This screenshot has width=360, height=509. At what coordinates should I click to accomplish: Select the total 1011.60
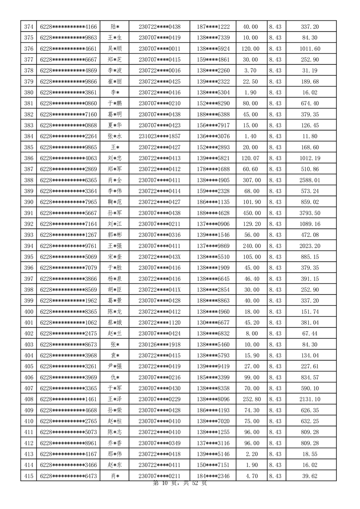pyautogui.click(x=310, y=49)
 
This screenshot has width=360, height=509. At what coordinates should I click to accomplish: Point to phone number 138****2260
pyautogui.click(x=213, y=71)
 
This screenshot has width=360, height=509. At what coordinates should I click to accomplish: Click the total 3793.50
pyautogui.click(x=310, y=213)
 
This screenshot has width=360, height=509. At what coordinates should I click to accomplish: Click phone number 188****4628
pyautogui.click(x=213, y=213)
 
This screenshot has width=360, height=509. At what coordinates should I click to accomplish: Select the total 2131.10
pyautogui.click(x=310, y=399)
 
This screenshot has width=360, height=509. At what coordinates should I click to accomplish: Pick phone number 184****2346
pyautogui.click(x=213, y=475)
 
